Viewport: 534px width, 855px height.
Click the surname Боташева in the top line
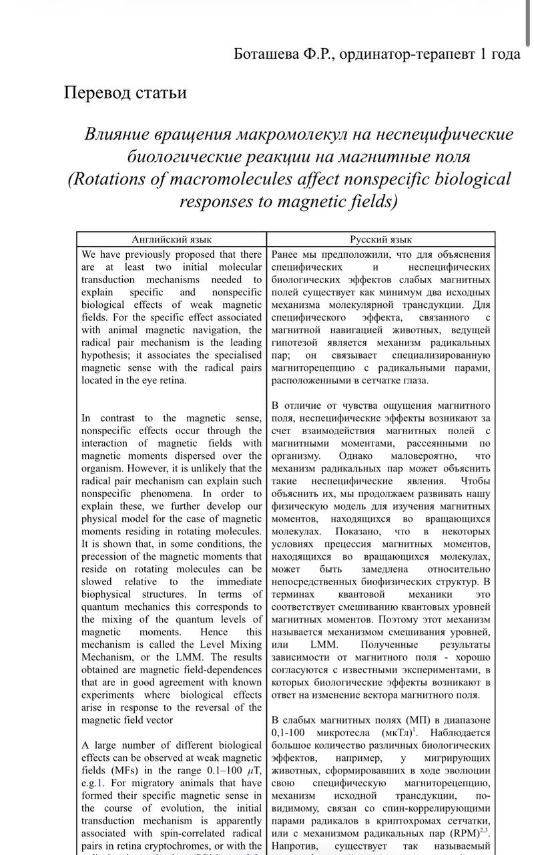coord(266,54)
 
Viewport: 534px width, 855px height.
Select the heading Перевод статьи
coord(125,92)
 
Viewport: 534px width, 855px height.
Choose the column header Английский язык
coord(171,239)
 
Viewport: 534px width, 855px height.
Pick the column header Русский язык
coord(381,239)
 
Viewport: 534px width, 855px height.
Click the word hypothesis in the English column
coord(106,355)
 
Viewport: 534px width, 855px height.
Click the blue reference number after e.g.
coord(100,783)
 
